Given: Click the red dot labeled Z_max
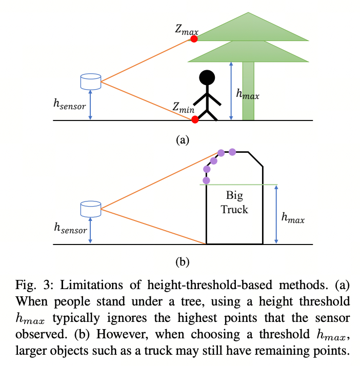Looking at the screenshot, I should point(194,39).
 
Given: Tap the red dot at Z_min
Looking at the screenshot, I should point(194,119).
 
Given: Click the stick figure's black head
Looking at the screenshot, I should point(207,78).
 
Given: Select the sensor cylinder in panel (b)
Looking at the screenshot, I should point(91,208).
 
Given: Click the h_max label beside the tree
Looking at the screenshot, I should point(247,94).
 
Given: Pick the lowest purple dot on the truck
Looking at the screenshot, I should point(207,180).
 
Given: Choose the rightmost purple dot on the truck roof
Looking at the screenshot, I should point(232,152).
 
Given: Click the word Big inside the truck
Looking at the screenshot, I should point(235,196).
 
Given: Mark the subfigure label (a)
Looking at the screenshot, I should point(183,139).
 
